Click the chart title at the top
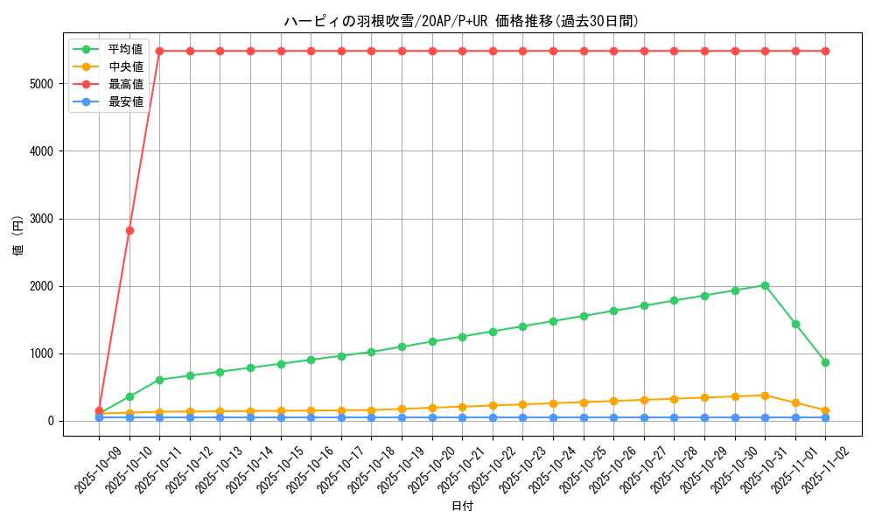[x=461, y=21]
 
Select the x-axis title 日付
[x=461, y=507]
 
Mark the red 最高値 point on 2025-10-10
[x=129, y=230]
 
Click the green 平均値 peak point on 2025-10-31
[x=765, y=285]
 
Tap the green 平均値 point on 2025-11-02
[x=825, y=362]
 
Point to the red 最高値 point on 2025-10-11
[x=159, y=51]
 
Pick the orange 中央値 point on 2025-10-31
[x=765, y=395]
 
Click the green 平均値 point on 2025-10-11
[x=159, y=380]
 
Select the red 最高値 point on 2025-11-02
[x=825, y=51]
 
